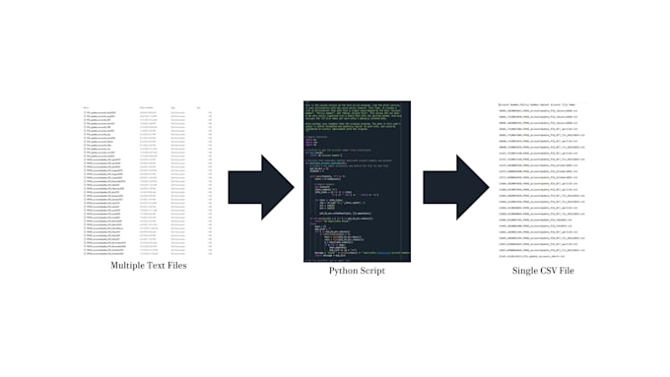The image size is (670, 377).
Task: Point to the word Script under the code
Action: (369, 270)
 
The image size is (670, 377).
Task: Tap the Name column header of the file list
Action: (88, 106)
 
